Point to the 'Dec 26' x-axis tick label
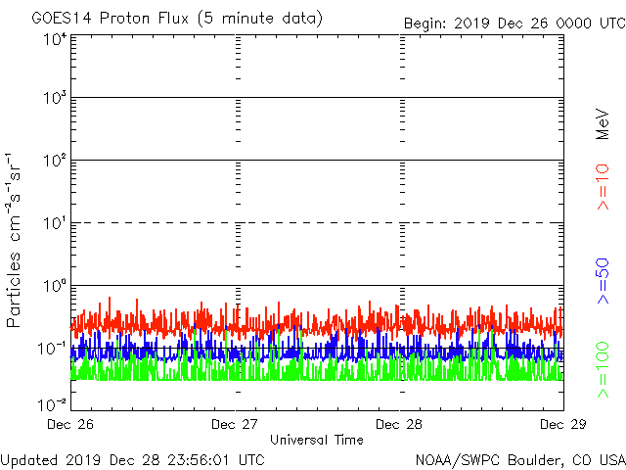pos(70,424)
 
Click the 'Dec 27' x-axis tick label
pos(235,424)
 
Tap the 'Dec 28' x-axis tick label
pos(399,424)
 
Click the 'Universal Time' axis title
pos(316,440)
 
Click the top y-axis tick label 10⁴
pos(55,40)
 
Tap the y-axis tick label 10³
pos(55,99)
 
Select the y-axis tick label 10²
pos(55,162)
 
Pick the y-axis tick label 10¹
pos(55,224)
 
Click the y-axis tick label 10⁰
pos(55,287)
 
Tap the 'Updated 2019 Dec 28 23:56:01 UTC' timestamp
pos(133,458)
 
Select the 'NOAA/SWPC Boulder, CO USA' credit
pos(519,458)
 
